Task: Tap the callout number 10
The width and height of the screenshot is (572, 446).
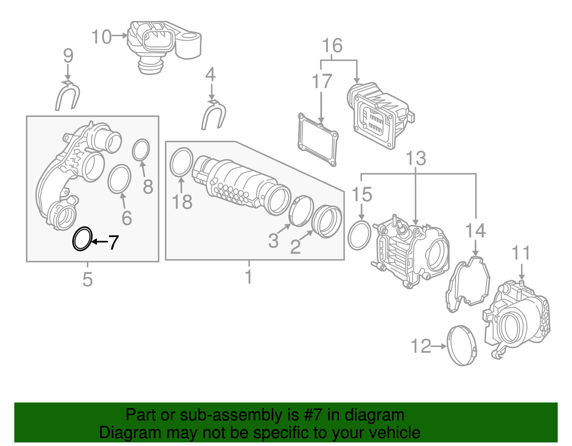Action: click(x=102, y=37)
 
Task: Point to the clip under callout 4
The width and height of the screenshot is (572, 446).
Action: click(x=213, y=115)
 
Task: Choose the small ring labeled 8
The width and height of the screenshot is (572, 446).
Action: click(x=141, y=150)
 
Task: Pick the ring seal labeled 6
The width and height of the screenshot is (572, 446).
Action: click(x=119, y=179)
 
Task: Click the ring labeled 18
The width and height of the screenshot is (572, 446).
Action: click(x=181, y=162)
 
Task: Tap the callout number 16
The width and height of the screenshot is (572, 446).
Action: click(x=332, y=46)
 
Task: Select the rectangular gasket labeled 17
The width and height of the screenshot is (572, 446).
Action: click(x=318, y=139)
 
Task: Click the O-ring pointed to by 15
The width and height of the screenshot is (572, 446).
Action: click(x=359, y=235)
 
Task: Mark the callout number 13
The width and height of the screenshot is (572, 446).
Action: click(x=416, y=158)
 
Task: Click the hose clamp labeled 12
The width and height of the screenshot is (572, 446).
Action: click(x=461, y=346)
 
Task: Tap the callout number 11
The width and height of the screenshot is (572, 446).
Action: click(x=521, y=253)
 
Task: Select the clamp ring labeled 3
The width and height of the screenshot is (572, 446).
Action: click(x=301, y=211)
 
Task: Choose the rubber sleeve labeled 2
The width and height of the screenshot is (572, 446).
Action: click(x=327, y=222)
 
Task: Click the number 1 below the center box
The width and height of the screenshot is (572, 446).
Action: click(x=249, y=277)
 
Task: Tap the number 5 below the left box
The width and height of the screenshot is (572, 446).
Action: click(x=88, y=279)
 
